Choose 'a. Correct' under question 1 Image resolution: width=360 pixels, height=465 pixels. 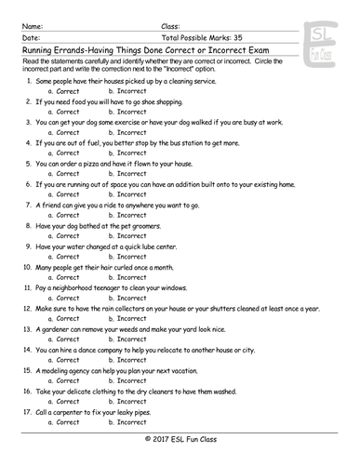tap(62, 96)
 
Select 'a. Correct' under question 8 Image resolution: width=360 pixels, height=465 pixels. tap(62, 236)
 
